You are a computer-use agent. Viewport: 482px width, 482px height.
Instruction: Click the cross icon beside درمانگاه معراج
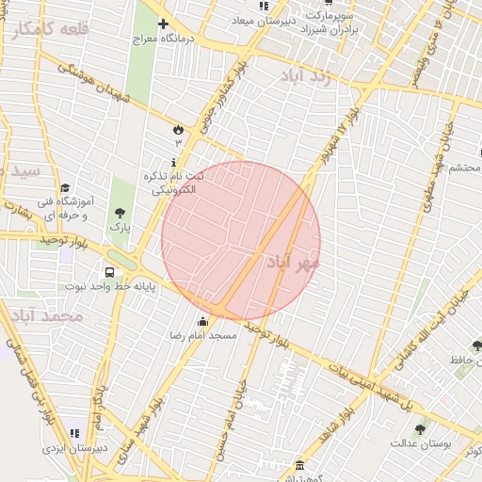[163, 24]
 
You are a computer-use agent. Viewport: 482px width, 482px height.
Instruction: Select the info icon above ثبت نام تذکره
[173, 162]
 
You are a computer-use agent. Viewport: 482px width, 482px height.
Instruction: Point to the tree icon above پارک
[119, 213]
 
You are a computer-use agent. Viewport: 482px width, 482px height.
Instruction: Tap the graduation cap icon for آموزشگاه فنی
[64, 188]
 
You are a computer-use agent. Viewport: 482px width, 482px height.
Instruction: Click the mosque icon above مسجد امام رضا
[203, 322]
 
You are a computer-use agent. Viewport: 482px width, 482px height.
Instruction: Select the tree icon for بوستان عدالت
[420, 429]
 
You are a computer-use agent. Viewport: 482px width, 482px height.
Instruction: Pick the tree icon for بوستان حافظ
[476, 345]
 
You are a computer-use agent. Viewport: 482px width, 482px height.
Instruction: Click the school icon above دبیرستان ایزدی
[73, 434]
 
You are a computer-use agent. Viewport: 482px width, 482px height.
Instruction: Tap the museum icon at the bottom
[299, 466]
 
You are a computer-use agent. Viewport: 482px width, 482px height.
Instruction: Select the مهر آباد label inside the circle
[294, 261]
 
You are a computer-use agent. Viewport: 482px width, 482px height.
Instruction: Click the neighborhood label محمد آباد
[50, 316]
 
